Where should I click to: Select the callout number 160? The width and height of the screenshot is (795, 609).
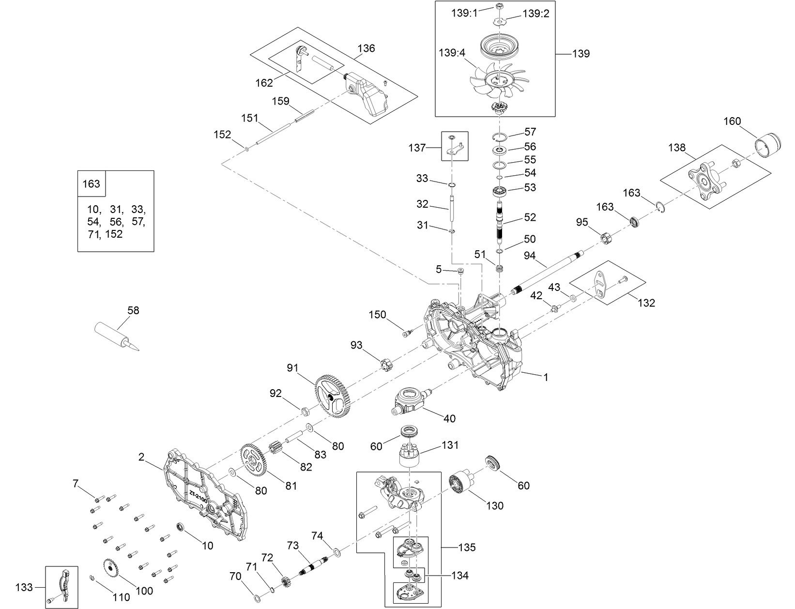732,121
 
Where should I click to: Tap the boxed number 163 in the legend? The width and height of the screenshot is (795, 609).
92,183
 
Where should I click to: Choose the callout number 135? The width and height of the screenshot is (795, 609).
467,548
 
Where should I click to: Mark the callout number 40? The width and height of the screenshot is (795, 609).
449,418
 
